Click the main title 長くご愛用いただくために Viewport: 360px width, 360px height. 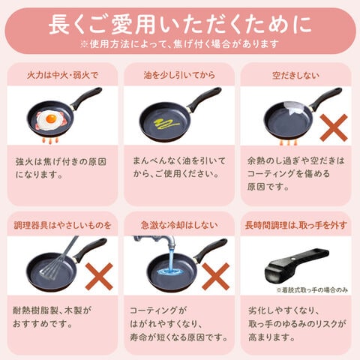pyautogui.click(x=180, y=25)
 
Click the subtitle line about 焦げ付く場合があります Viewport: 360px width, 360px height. pyautogui.click(x=179, y=44)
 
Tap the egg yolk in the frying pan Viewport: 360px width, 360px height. pyautogui.click(x=51, y=118)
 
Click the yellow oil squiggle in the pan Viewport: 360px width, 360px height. pyautogui.click(x=166, y=123)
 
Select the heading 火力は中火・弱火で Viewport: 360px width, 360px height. pyautogui.click(x=62, y=75)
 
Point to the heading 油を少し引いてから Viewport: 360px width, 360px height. pyautogui.click(x=179, y=75)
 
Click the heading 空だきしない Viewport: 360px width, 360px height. pyautogui.click(x=295, y=76)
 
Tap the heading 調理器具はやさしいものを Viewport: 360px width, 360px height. pyautogui.click(x=62, y=226)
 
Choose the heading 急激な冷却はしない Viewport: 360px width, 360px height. pyautogui.click(x=179, y=225)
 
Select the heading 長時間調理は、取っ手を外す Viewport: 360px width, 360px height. pyautogui.click(x=296, y=225)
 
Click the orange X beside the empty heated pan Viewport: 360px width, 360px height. pyautogui.click(x=334, y=127)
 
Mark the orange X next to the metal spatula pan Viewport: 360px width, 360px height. pyautogui.click(x=99, y=277)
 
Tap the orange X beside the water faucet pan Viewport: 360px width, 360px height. pyautogui.click(x=215, y=277)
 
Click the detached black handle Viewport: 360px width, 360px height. pyautogui.click(x=297, y=265)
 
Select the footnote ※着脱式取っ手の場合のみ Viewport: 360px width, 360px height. pyautogui.click(x=312, y=290)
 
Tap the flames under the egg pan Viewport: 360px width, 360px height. pyautogui.click(x=50, y=141)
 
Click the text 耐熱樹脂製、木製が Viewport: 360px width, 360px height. pyautogui.click(x=52, y=310)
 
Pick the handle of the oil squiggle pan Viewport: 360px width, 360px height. pyautogui.click(x=204, y=99)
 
